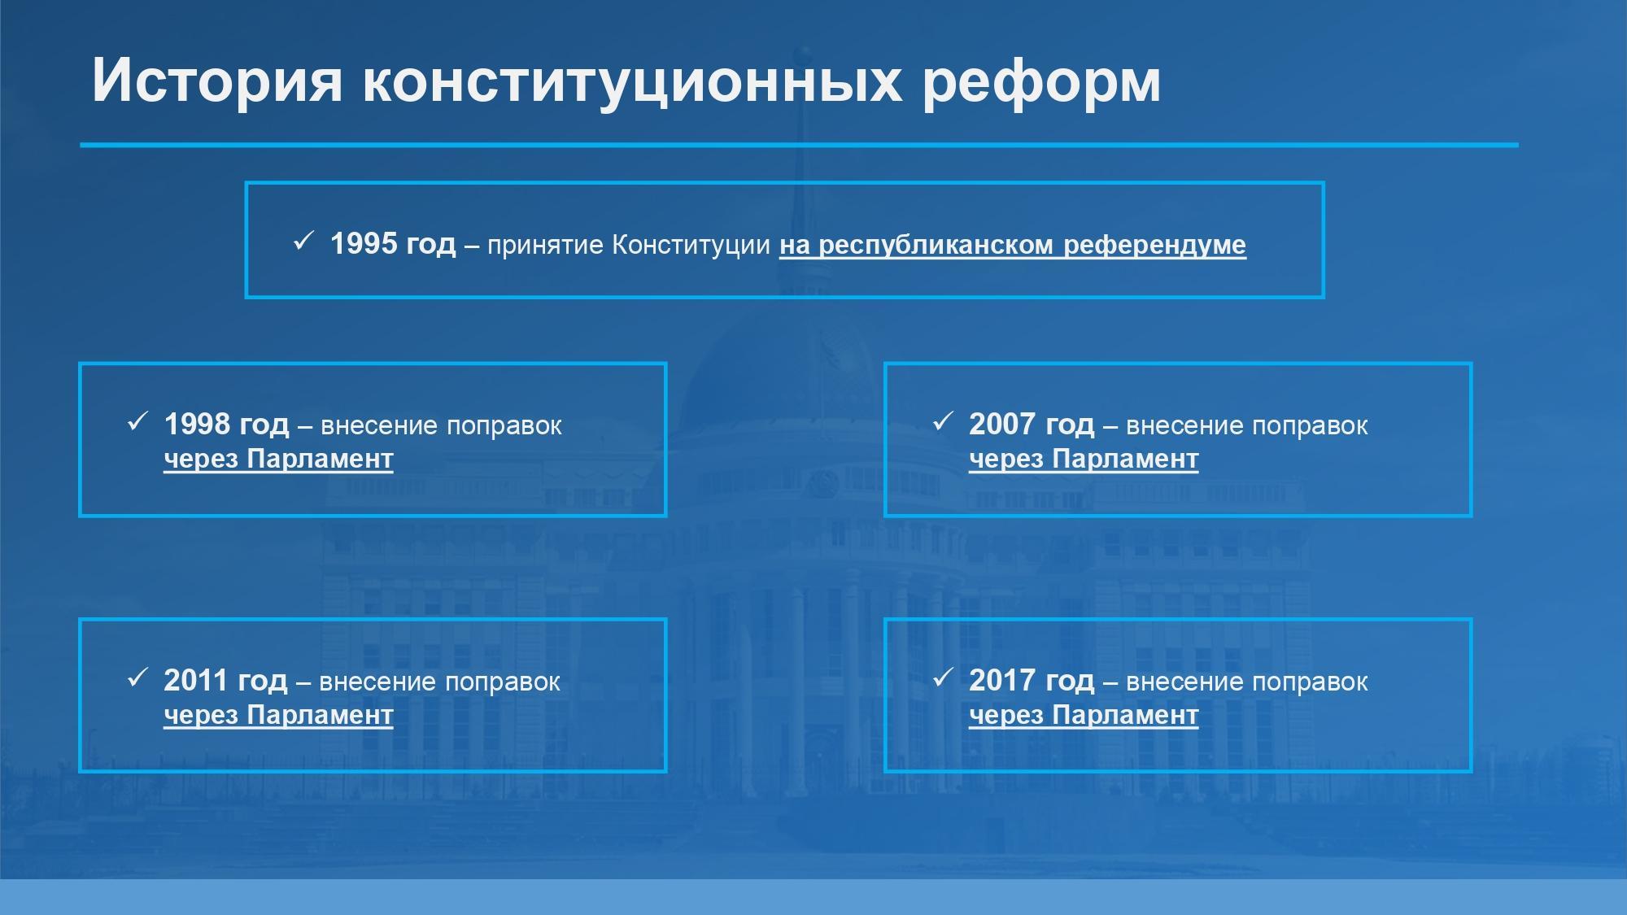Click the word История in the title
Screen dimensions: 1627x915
pos(217,81)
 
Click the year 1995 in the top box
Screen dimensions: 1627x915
pos(364,243)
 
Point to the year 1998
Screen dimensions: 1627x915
pos(198,424)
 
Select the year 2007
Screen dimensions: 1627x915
pos(1003,424)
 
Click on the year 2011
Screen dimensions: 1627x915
pos(196,680)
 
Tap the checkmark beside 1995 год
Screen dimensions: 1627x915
pos(303,241)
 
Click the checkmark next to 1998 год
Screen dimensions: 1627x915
pos(137,421)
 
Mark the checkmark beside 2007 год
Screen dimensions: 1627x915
pos(943,421)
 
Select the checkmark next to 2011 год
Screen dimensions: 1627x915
pos(137,678)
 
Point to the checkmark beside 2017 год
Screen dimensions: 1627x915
pos(943,678)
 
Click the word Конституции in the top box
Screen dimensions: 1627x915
pos(691,245)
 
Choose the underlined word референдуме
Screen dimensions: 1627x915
pos(1154,246)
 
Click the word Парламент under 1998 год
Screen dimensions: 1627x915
pos(320,460)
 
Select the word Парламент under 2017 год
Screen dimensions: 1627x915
pos(1125,716)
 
